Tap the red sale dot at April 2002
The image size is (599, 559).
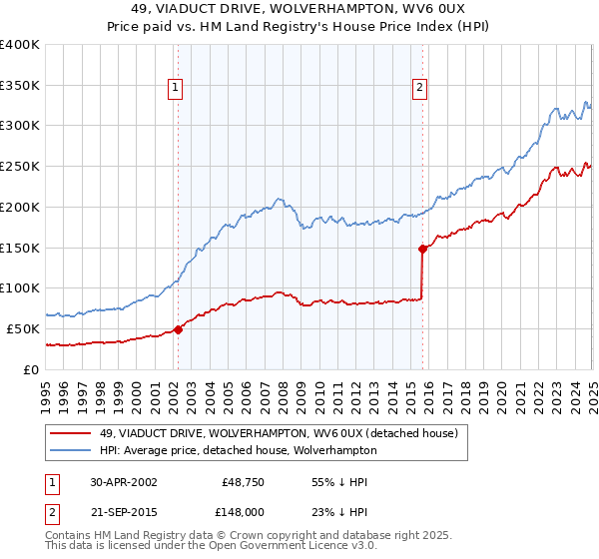pos(178,329)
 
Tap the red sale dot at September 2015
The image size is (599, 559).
pos(422,249)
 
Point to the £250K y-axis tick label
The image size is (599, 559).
pos(20,167)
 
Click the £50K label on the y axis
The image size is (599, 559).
pos(23,328)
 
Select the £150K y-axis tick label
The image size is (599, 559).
pos(20,248)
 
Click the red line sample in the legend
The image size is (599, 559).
pos(71,433)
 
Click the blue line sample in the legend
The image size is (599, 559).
pos(71,450)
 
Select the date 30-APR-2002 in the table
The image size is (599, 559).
pos(123,482)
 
